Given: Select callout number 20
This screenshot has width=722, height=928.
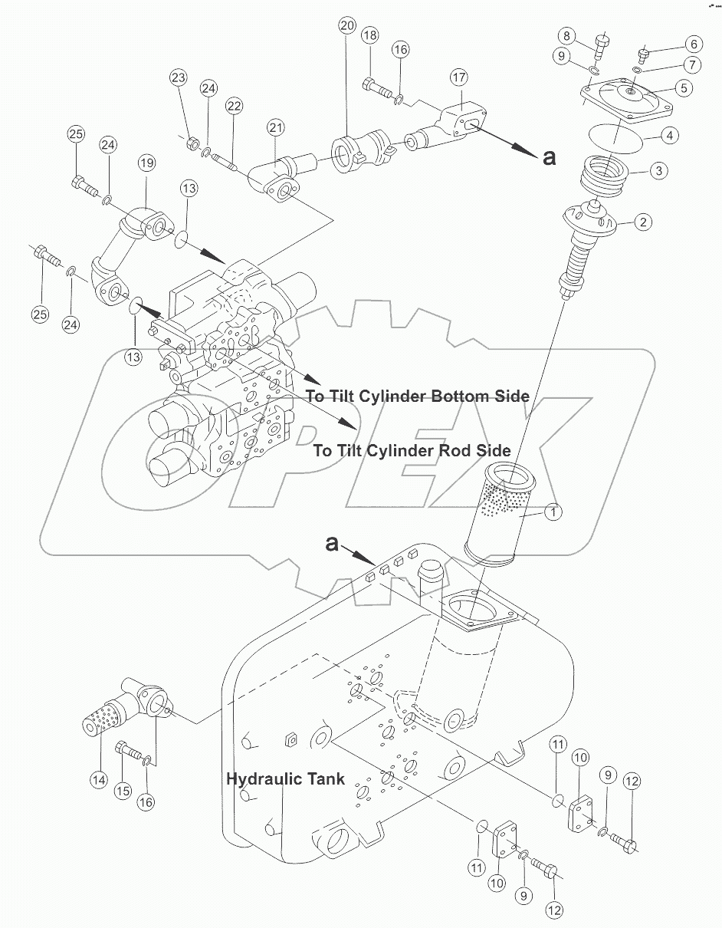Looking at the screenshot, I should [x=346, y=26].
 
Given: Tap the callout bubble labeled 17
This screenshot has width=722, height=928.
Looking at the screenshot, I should [x=458, y=77].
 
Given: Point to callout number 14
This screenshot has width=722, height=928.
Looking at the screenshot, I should [x=97, y=779].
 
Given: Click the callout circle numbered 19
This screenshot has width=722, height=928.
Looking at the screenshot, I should [x=146, y=163].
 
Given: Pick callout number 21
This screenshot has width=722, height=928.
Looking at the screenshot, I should [x=276, y=127].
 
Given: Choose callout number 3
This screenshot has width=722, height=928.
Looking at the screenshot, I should [x=658, y=171].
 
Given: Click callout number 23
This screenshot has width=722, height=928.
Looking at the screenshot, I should [x=179, y=77].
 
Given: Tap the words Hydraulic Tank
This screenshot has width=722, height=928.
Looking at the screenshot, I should [x=284, y=778].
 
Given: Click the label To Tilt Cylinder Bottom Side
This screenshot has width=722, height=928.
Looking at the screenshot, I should [x=418, y=397].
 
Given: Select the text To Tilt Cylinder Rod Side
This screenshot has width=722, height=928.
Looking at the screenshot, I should [x=412, y=451].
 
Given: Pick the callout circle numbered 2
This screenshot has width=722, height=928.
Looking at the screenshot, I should [x=642, y=223].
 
